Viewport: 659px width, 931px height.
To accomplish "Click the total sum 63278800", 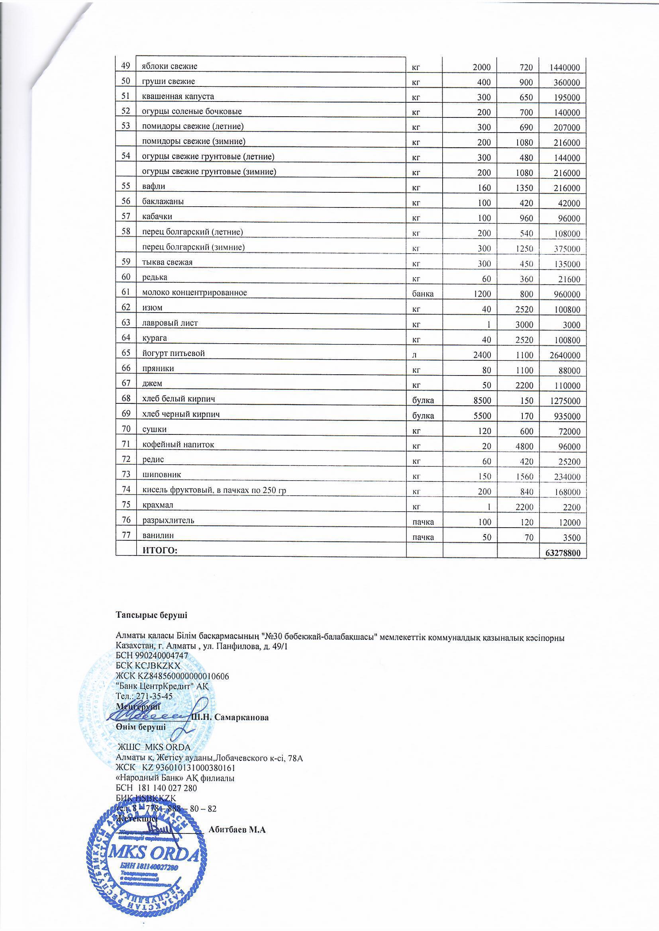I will [x=563, y=553].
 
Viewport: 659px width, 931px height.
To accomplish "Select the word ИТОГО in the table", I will [x=160, y=550].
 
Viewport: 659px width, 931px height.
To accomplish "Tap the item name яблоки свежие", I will [x=169, y=66].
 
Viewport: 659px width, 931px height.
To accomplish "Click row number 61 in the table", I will [x=126, y=292].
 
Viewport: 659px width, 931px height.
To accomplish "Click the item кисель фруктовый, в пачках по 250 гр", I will [x=214, y=490].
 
